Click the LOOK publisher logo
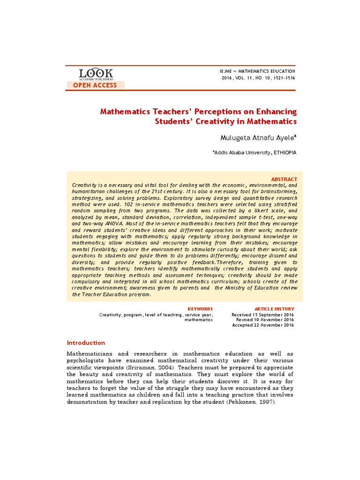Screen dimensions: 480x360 tap(96, 74)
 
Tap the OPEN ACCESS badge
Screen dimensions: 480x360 tap(96, 85)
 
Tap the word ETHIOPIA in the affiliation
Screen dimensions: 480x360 tap(285, 152)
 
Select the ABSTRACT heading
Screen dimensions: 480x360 tap(284, 180)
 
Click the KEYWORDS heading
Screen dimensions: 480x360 tap(200, 309)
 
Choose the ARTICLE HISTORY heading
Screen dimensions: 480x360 tap(274, 309)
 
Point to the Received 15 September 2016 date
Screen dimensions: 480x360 tap(262, 315)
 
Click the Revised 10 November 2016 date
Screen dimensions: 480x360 tap(265, 320)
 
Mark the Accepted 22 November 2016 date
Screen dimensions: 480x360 tap(263, 325)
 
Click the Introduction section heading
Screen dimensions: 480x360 tap(86, 343)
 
